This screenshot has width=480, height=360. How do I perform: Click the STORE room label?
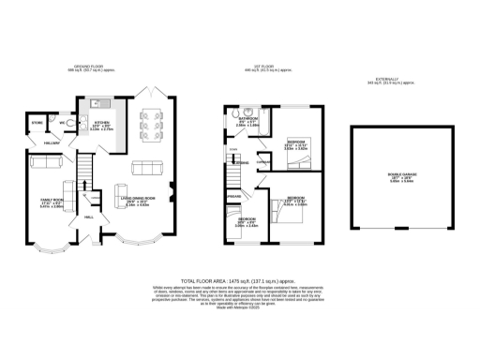coord(37,122)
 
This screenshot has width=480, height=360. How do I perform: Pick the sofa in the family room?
coord(45,162)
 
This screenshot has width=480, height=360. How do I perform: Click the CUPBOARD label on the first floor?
coord(263,160)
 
